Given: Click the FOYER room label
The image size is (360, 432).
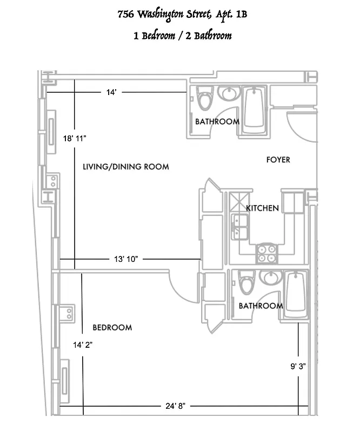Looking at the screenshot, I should click(x=278, y=160).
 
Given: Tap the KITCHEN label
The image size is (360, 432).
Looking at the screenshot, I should click(x=263, y=208).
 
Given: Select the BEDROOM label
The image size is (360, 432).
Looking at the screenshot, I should click(x=112, y=327).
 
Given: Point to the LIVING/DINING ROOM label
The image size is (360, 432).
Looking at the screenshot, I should click(x=125, y=167).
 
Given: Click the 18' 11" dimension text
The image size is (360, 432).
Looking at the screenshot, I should click(x=75, y=139).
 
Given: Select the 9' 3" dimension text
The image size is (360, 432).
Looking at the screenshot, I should click(x=298, y=367).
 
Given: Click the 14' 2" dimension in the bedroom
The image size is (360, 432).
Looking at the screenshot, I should click(x=83, y=344).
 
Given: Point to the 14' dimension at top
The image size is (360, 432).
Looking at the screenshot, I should click(x=111, y=92).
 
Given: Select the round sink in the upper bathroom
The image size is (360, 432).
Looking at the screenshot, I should click(x=229, y=94).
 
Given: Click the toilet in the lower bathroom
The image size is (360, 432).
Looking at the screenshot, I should click(x=246, y=283).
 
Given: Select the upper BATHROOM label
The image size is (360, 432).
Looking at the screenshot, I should click(x=217, y=122).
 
